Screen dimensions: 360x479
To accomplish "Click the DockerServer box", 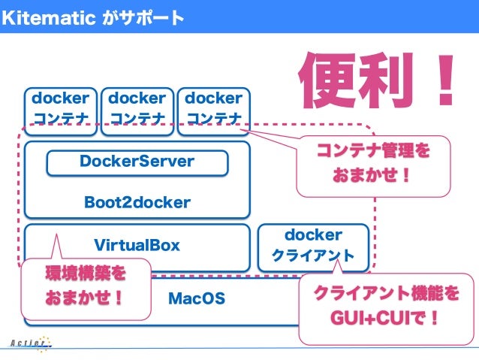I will tap(137, 162).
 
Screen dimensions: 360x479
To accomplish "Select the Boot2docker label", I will tap(137, 202).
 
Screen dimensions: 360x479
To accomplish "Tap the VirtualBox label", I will tap(137, 245).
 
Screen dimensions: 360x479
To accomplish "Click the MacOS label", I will tap(196, 298).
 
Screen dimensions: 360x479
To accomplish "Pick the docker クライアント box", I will tap(313, 247).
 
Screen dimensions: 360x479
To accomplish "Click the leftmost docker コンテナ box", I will tap(60, 109).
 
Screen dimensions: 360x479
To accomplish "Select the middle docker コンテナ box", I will tap(137, 109).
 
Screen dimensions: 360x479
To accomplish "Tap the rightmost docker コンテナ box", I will tap(213, 109).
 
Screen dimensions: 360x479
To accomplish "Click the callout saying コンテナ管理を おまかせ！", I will tap(373, 165).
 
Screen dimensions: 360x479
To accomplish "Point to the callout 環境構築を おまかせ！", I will tap(85, 286).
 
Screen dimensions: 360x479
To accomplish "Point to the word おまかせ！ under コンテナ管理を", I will tap(373, 177).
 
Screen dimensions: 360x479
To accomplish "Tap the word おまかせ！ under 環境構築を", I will tap(85, 298).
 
